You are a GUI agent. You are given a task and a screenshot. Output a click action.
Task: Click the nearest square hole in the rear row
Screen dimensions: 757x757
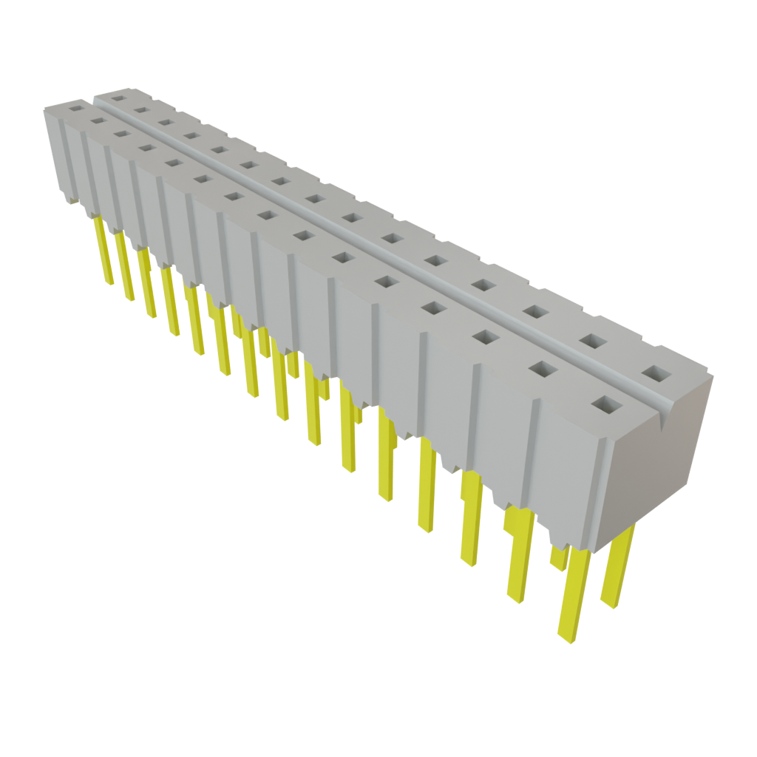[654, 373]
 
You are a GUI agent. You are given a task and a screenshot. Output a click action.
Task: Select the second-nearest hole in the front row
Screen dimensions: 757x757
[543, 368]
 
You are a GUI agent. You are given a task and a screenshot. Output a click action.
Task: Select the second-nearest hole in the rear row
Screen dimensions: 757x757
[591, 341]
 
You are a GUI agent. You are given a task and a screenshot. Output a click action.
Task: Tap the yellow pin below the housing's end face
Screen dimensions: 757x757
[618, 566]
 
